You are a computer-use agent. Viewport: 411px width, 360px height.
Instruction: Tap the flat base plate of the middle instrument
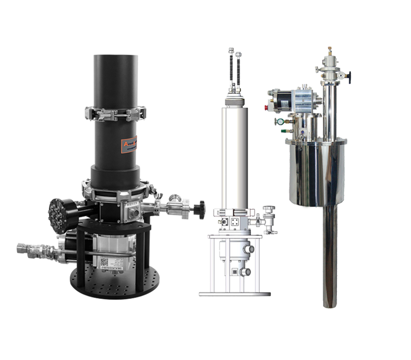[x=235, y=293]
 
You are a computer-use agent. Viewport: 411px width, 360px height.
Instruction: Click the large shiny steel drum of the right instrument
[x=317, y=173]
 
